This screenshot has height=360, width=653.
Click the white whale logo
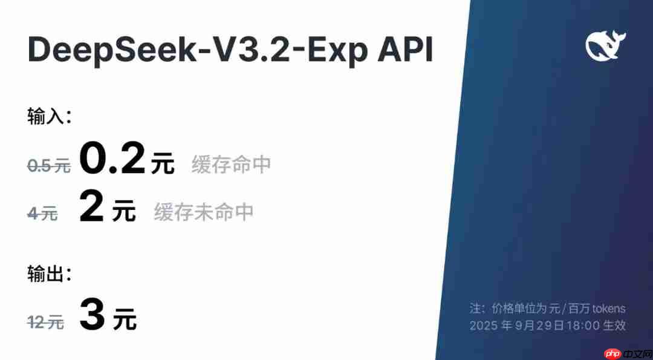click(x=605, y=46)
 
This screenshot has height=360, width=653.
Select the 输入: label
click(x=50, y=116)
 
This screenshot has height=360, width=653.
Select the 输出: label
click(x=50, y=274)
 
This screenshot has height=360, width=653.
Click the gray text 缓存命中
click(x=231, y=164)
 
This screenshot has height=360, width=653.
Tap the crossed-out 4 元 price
click(x=42, y=213)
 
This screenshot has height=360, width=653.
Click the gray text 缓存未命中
click(x=203, y=212)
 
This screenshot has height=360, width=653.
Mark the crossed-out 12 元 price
click(x=45, y=322)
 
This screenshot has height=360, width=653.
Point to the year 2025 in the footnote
click(x=484, y=326)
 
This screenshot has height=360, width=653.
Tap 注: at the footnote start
click(x=478, y=309)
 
